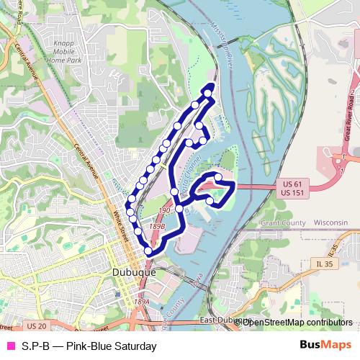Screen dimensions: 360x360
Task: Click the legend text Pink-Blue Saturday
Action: pyautogui.click(x=89, y=346)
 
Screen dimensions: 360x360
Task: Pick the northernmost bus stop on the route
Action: pyautogui.click(x=209, y=92)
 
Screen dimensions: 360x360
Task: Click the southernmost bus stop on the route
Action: pyautogui.click(x=149, y=251)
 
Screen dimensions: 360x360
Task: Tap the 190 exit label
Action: pyautogui.click(x=163, y=210)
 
